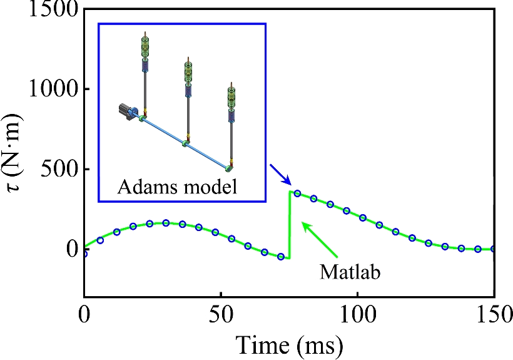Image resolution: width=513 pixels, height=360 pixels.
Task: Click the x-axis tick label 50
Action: coord(220,314)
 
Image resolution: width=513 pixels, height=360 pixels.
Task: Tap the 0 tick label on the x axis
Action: coord(84,314)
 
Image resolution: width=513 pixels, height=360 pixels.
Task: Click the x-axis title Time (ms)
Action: coord(288,343)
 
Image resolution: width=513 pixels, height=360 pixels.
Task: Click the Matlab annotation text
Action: coord(350,272)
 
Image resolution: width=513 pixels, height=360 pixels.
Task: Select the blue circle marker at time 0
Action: coord(84,254)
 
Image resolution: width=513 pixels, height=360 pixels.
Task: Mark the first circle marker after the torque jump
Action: coord(297,193)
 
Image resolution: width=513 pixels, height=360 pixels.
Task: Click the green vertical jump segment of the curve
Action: coord(289,225)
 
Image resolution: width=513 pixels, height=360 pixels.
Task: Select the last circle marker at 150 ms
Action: coord(494,249)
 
